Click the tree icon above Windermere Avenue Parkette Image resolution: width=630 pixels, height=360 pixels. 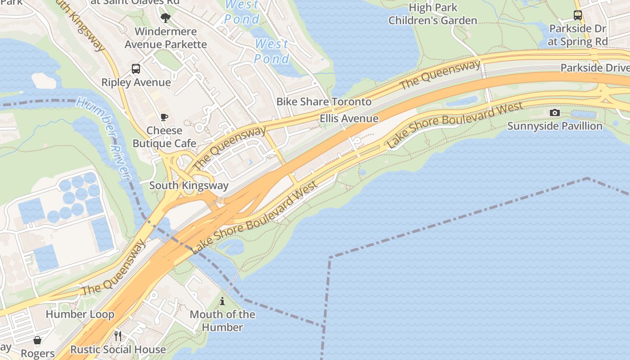point(166,18)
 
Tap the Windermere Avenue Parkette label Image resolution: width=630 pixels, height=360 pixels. point(166,38)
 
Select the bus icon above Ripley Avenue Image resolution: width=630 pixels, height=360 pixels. point(136,69)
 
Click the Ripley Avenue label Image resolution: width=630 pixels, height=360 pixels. point(136,82)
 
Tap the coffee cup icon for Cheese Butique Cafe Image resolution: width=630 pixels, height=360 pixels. point(164,117)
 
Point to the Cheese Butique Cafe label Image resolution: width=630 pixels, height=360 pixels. point(164,137)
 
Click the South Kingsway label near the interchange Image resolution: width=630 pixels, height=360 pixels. point(189,185)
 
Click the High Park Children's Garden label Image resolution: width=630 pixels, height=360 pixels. point(432,14)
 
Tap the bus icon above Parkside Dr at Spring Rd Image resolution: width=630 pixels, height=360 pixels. point(578,15)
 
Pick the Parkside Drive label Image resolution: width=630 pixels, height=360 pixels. point(594,67)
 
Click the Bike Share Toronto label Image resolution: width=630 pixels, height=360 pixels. point(324,102)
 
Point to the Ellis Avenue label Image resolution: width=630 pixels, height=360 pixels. point(349,118)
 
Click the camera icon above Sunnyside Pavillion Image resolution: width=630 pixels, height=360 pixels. point(555,112)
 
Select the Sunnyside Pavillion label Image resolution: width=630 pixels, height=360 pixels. point(555,126)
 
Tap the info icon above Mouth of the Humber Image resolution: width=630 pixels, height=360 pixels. point(222,301)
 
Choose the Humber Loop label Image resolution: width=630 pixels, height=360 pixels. point(80,314)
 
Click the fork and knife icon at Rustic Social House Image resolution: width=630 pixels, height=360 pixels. point(118,336)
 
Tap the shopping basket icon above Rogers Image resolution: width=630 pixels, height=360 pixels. point(37,340)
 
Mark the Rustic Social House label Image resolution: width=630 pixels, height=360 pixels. point(118,349)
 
